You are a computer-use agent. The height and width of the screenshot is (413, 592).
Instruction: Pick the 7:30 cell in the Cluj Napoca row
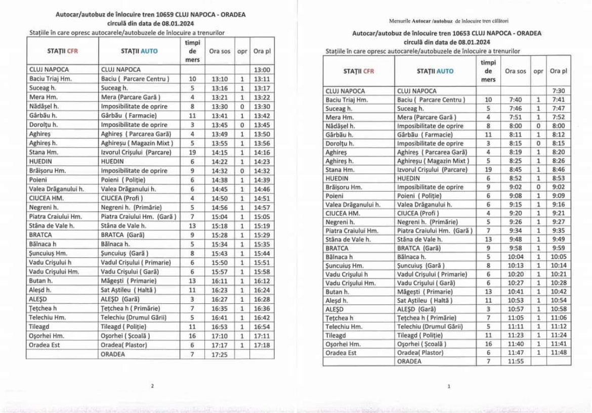pyautogui.click(x=559, y=90)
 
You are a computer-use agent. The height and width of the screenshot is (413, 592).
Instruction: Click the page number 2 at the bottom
pyautogui.click(x=152, y=387)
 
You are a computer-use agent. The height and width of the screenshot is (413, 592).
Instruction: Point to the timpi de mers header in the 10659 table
pyautogui.click(x=192, y=51)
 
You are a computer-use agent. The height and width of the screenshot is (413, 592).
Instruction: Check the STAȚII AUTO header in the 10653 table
pyautogui.click(x=435, y=71)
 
